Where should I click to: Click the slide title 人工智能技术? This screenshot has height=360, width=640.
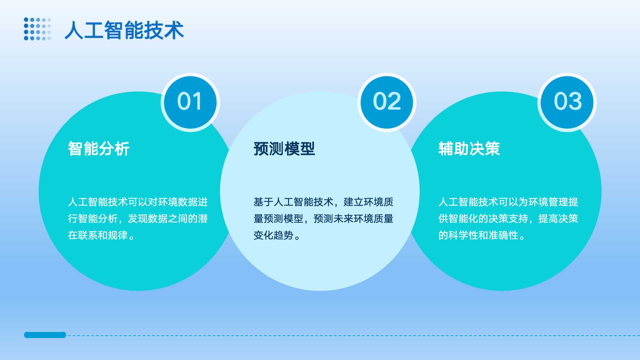(124, 30)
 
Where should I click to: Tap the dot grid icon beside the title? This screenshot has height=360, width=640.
(38, 29)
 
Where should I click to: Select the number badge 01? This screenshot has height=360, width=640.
(190, 102)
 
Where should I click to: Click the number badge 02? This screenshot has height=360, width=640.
(387, 102)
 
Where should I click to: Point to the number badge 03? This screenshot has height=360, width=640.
(567, 102)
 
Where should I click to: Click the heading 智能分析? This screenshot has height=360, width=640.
(99, 149)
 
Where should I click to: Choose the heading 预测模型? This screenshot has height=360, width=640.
(284, 149)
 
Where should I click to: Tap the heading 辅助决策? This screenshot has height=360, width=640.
(469, 149)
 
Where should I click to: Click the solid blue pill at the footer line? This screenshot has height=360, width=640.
(45, 335)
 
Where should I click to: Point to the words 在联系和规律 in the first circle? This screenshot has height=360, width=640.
(98, 235)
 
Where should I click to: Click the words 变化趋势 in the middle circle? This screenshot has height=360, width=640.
(273, 235)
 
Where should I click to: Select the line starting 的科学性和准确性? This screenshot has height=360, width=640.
(482, 235)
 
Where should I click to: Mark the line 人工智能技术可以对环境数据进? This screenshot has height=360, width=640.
(138, 202)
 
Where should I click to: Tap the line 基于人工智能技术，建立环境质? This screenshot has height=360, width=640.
(323, 202)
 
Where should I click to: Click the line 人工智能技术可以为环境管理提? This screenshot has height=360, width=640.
(508, 202)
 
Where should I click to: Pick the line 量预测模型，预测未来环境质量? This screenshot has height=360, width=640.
(323, 219)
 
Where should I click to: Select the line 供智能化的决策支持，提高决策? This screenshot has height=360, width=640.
(508, 219)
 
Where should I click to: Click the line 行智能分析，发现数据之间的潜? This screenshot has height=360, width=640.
(138, 219)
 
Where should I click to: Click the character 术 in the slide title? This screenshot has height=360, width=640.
(174, 30)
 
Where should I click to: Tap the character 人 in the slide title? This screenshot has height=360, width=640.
(74, 30)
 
